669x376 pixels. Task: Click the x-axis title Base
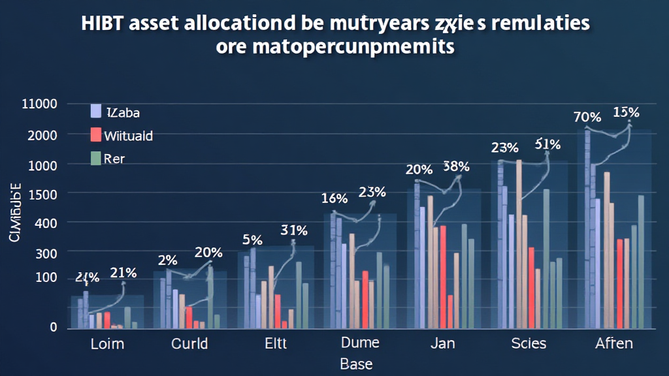(x=357, y=364)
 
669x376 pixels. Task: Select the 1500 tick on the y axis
(x=42, y=194)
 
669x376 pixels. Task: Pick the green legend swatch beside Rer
(x=96, y=158)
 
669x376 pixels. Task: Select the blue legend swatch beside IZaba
(x=96, y=112)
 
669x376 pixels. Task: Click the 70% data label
(x=587, y=117)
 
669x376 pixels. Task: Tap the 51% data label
(x=547, y=144)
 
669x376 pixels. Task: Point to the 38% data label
(x=456, y=166)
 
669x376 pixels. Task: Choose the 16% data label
(x=334, y=198)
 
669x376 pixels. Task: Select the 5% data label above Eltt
(x=252, y=240)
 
